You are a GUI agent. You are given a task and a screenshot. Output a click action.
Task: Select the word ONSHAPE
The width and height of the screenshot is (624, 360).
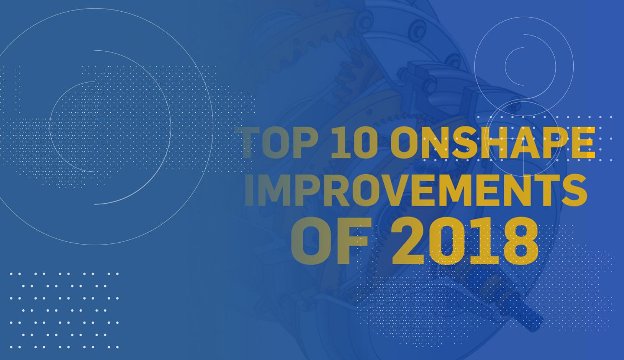point(493,143)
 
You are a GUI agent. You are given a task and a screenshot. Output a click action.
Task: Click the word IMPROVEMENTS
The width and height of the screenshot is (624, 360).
point(416,190)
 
